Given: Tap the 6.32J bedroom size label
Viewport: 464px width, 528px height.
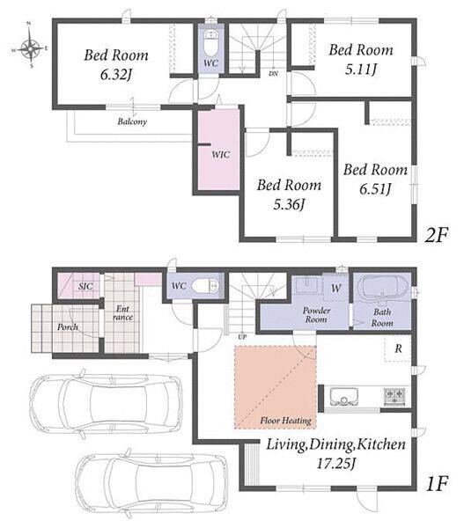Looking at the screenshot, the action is (115, 75).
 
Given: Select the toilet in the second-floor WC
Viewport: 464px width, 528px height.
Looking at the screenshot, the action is (210, 43).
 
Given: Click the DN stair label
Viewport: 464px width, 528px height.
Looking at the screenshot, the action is (273, 73).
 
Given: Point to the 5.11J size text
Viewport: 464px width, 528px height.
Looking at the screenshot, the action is (361, 69).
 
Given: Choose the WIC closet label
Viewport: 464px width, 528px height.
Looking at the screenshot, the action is (221, 155).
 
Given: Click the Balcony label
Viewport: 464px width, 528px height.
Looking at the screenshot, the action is (132, 121).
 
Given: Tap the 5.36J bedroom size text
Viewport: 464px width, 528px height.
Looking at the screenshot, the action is (289, 204).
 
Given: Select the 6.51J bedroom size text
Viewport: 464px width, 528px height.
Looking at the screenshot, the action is (375, 188).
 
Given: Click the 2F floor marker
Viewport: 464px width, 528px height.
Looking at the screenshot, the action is (436, 235).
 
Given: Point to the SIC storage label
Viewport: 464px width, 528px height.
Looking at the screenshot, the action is (85, 286).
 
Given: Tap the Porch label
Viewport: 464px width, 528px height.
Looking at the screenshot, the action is (68, 326).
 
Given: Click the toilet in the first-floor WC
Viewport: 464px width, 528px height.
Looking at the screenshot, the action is (205, 286).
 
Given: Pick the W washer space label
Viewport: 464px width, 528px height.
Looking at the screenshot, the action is (335, 288).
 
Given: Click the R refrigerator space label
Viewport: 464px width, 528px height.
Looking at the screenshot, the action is (398, 348).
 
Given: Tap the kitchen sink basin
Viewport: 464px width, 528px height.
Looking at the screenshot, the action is (343, 397).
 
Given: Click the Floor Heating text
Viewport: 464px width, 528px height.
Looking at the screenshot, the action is (285, 421).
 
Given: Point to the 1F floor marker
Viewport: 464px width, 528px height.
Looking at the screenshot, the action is (437, 483).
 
